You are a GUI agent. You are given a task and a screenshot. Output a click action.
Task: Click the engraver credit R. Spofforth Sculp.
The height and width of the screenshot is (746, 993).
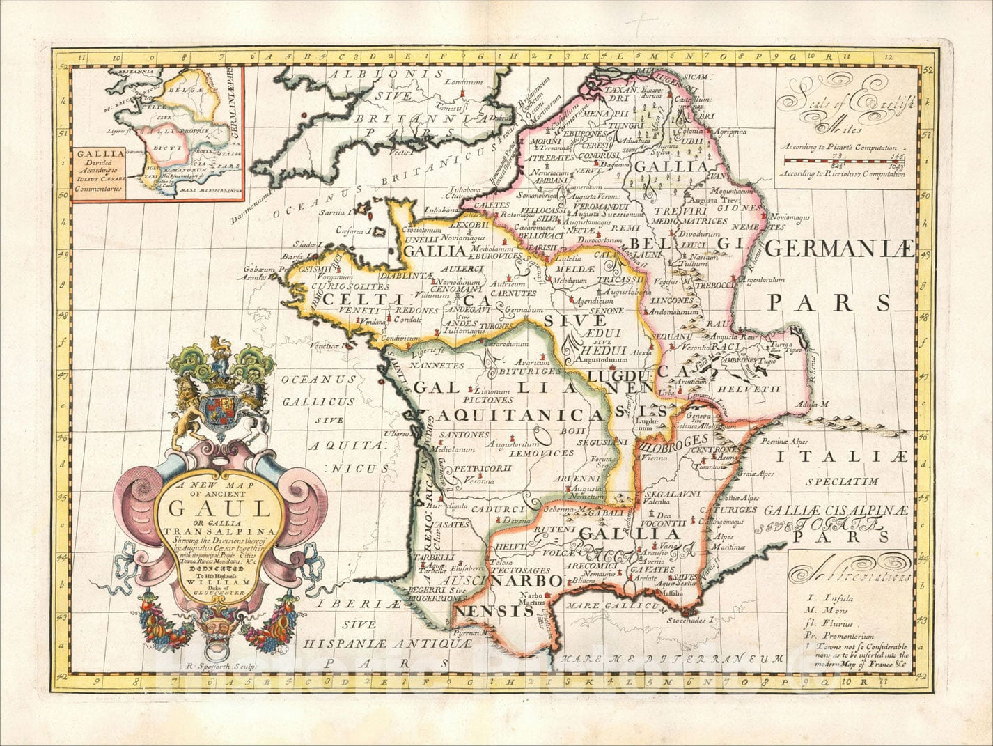click(x=219, y=666)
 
